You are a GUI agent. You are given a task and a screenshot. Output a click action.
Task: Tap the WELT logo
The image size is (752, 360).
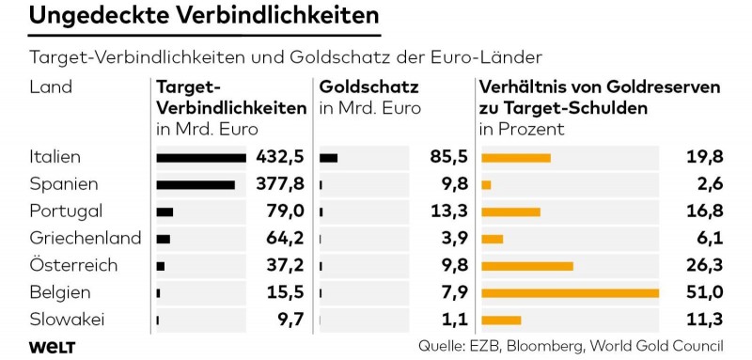click(52, 347)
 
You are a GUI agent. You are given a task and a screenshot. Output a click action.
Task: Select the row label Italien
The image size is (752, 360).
click(55, 156)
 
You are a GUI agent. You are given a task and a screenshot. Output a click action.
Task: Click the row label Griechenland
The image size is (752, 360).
click(85, 238)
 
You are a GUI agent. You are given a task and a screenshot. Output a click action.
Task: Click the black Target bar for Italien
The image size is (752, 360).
click(201, 157)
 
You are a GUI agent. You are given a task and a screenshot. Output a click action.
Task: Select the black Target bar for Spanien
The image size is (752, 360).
click(196, 184)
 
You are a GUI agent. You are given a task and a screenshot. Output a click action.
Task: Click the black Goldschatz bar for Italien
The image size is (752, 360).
click(328, 157)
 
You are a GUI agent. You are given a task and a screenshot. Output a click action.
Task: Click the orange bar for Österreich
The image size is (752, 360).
click(526, 266)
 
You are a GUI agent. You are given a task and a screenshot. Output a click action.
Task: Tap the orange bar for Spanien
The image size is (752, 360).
click(486, 184)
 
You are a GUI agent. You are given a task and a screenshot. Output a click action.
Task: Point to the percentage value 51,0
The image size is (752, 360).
click(703, 293)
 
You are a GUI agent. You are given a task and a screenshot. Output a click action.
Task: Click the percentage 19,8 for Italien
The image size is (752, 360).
click(703, 157)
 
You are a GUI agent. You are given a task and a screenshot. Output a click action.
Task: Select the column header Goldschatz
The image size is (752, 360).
click(368, 86)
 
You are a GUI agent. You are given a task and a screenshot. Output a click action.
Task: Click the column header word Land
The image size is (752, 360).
click(51, 86)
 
